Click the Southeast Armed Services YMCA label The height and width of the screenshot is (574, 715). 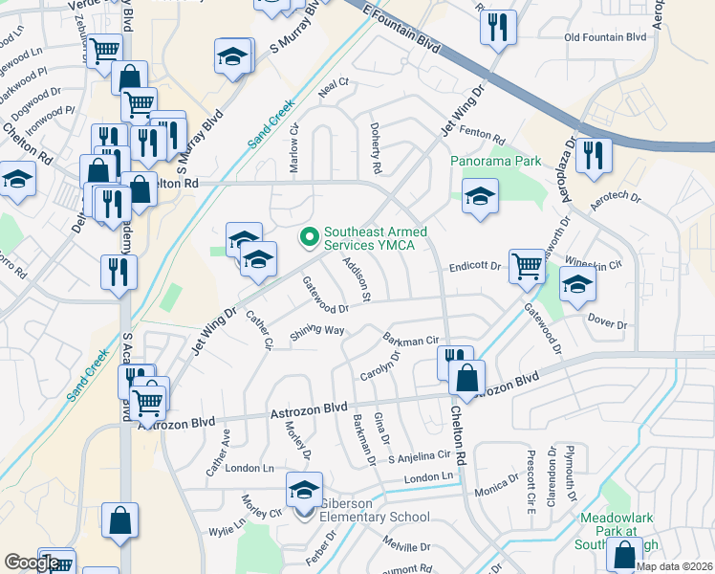[x=375, y=238]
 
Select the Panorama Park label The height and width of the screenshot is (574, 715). [x=496, y=162]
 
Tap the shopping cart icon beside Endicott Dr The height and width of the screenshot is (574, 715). [x=527, y=265]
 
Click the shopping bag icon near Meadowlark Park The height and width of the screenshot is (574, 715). [x=624, y=555]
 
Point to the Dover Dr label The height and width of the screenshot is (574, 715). [x=607, y=324]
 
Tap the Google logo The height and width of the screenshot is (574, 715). [x=32, y=563]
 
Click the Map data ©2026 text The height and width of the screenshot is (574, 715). [x=674, y=566]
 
